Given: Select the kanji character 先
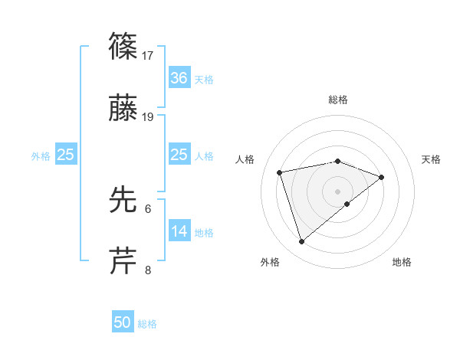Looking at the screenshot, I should [123, 199].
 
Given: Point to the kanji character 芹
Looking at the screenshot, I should [123, 260].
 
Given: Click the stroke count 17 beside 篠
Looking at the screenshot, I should [148, 55].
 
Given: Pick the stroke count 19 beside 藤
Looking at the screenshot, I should [148, 117].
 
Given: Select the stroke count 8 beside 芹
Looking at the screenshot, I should [148, 270].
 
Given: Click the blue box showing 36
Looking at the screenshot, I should [179, 77].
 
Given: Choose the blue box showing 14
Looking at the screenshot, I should [179, 231].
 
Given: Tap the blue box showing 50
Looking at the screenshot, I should [123, 322].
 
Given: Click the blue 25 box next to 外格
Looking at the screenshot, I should [66, 155].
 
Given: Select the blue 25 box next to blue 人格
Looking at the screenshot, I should [179, 155].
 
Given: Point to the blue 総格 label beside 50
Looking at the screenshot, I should [147, 323].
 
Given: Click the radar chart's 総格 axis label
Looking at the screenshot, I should [338, 100].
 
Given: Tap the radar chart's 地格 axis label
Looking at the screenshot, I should [402, 262].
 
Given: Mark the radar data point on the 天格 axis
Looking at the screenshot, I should [382, 177].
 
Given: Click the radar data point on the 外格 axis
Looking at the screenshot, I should [301, 241].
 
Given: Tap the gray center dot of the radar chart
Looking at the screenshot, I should [338, 191].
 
